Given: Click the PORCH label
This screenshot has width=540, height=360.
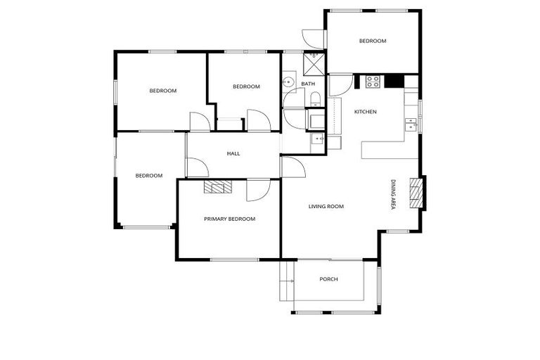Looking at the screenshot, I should coord(328,279).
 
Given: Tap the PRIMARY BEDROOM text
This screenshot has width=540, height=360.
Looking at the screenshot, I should coord(229,219).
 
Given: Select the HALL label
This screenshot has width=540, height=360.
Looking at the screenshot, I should coord(233,153).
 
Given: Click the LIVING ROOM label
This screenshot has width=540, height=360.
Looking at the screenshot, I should coord(326,206).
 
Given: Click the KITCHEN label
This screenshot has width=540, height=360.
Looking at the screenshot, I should coord(365,112).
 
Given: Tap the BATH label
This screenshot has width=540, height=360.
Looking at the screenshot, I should coord(308,84).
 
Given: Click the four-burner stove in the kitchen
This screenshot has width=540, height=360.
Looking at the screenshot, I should coord(373,82).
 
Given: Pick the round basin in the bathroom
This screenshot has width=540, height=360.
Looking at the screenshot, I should coord(287,83).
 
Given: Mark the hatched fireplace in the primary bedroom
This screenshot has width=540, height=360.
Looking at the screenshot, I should coord(218,186).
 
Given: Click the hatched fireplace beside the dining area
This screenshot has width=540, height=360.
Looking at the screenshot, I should coord(416,192).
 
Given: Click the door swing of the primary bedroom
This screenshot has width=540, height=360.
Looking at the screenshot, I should coord(257,190).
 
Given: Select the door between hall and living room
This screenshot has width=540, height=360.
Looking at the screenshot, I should coord(292,167).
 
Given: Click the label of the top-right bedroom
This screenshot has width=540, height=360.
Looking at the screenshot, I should coord(373,41).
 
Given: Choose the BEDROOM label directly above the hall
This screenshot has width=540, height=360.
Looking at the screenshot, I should coord(246,86).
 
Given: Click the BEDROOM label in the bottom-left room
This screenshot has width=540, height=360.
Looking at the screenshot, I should coord(149,175).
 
